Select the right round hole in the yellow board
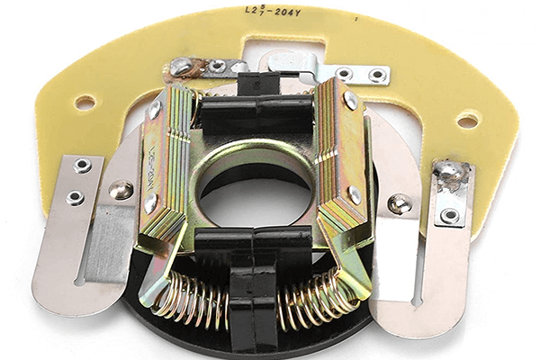(x=468, y=119)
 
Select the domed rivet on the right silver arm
(x=399, y=204)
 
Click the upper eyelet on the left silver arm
(x=82, y=166)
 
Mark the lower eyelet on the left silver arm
(x=76, y=197)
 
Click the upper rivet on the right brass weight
(x=350, y=101)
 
